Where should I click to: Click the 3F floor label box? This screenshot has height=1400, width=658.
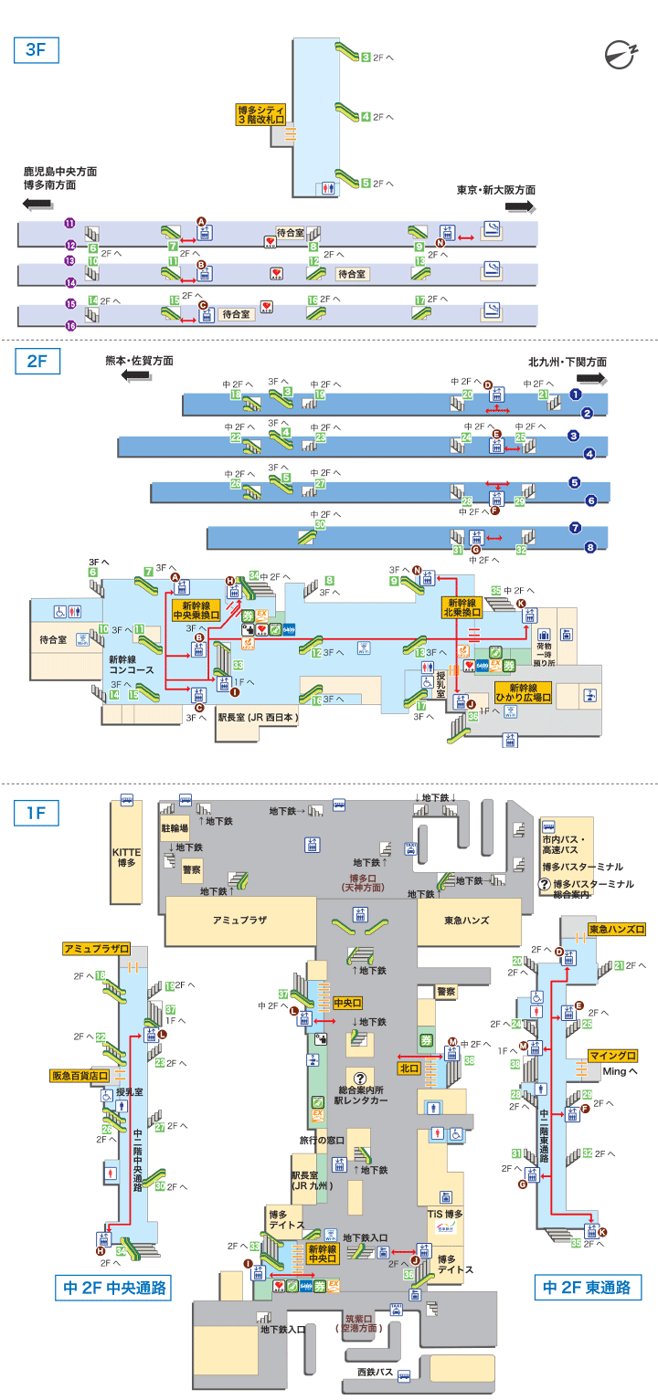pyautogui.click(x=36, y=50)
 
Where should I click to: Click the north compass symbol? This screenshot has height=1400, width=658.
pyautogui.click(x=625, y=55)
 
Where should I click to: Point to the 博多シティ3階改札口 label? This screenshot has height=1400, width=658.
pyautogui.click(x=261, y=114)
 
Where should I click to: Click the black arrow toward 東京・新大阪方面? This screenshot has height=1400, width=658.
pyautogui.click(x=518, y=207)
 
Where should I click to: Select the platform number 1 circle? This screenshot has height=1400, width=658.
pyautogui.click(x=576, y=395)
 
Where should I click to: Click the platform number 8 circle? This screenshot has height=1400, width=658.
pyautogui.click(x=589, y=547)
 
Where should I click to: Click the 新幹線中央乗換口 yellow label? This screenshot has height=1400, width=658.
pyautogui.click(x=196, y=610)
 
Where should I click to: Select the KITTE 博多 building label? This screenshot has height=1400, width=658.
pyautogui.click(x=126, y=857)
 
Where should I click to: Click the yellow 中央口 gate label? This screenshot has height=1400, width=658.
pyautogui.click(x=348, y=1002)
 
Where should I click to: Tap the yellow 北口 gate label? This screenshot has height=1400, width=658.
pyautogui.click(x=409, y=1068)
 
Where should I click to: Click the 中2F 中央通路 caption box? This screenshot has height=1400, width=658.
pyautogui.click(x=114, y=1288)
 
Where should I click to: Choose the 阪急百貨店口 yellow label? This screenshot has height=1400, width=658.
pyautogui.click(x=86, y=1076)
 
